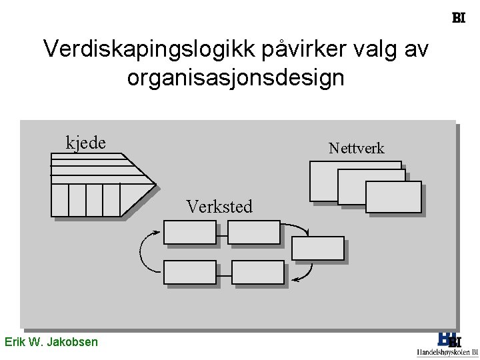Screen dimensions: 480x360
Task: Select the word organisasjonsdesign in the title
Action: (235, 78)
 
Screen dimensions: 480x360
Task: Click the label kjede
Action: (85, 142)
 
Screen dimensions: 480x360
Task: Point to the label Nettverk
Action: (356, 148)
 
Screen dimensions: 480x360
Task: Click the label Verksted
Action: (219, 207)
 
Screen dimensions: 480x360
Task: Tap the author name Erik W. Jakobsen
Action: (51, 342)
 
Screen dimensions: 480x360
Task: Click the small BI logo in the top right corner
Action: (458, 18)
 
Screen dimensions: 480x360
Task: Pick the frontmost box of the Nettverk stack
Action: (393, 197)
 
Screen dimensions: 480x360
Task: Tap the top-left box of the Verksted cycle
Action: (189, 232)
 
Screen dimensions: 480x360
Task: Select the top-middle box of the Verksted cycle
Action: (253, 232)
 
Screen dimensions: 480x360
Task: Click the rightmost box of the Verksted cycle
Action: (318, 248)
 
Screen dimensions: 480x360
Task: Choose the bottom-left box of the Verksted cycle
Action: (189, 272)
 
